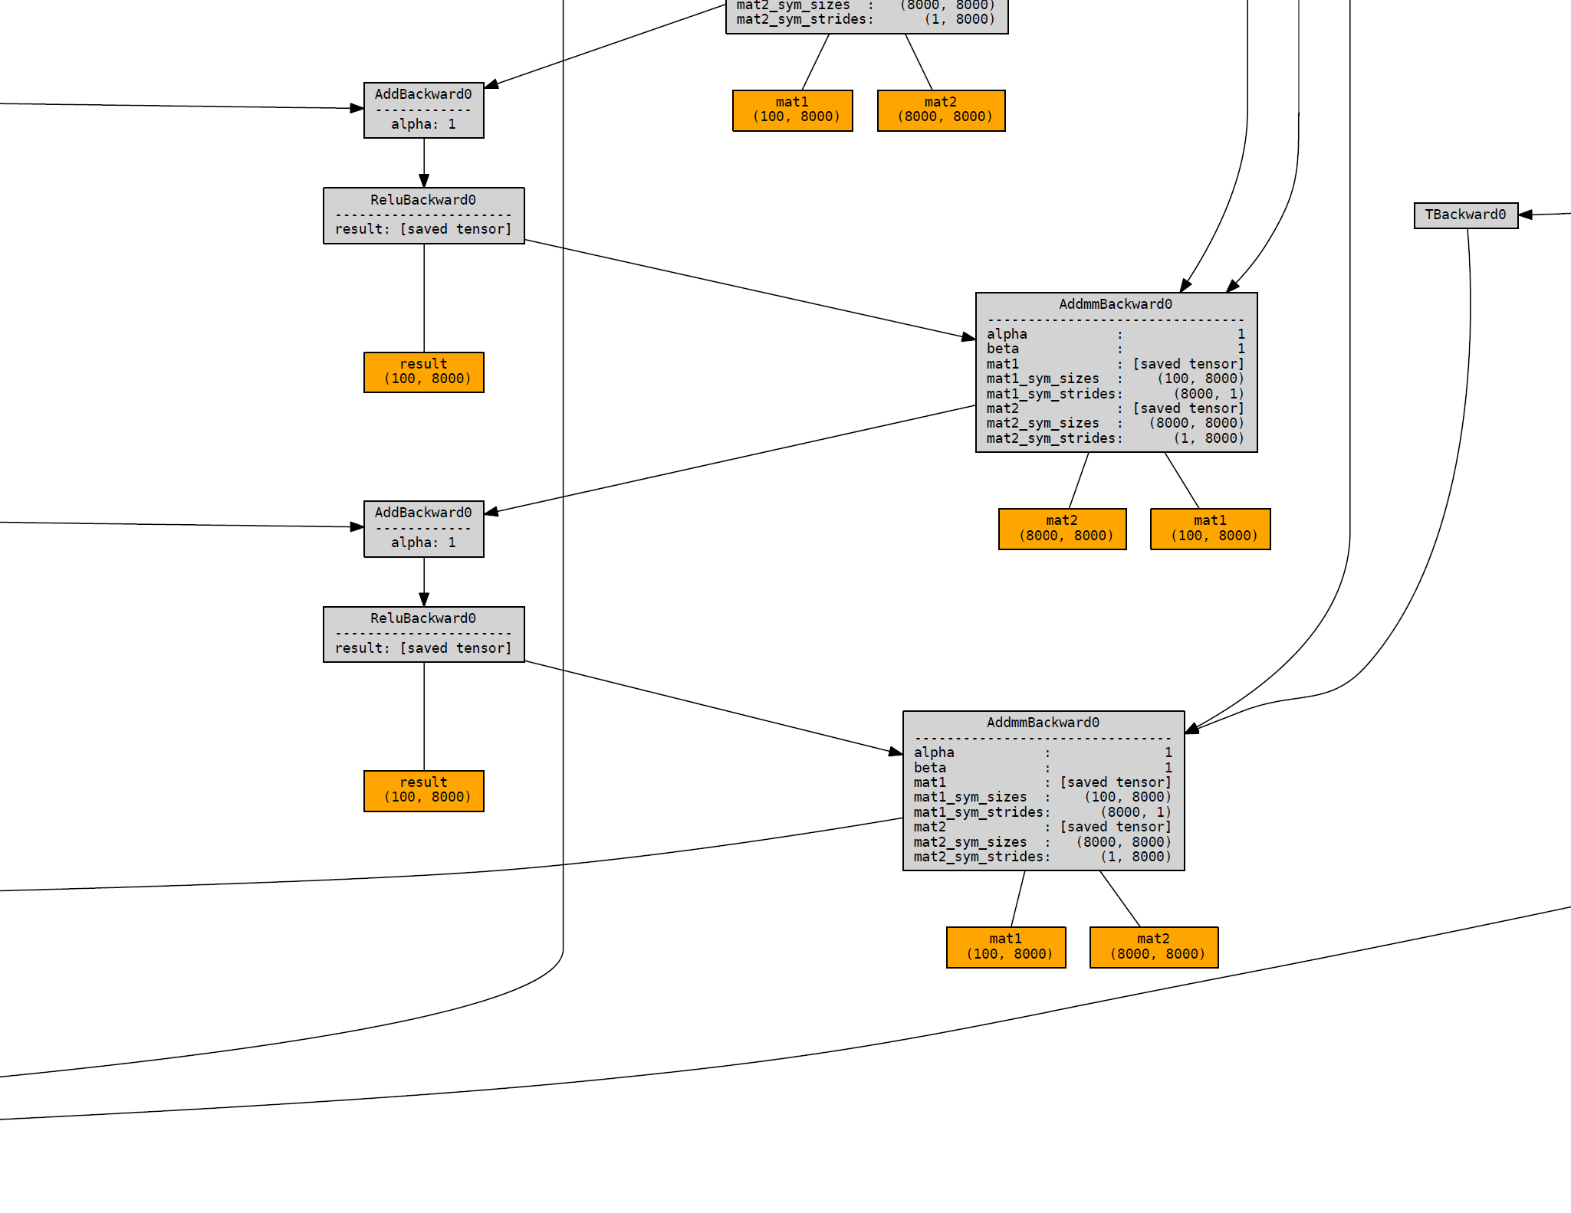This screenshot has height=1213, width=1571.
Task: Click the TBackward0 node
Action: tap(1466, 215)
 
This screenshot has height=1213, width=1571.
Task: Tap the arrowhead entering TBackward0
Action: tap(1525, 215)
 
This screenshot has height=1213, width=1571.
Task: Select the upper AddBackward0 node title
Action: tap(423, 94)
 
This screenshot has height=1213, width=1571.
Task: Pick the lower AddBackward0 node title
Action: tap(423, 513)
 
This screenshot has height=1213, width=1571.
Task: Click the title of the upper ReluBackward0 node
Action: tap(423, 200)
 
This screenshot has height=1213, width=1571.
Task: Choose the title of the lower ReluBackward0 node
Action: tap(423, 618)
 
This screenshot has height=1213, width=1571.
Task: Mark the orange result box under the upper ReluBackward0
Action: tap(424, 372)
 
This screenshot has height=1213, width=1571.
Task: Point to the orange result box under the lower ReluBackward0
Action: tap(424, 791)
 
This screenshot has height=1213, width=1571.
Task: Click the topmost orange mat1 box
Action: tap(793, 110)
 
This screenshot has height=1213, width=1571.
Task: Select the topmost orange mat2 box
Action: tap(942, 110)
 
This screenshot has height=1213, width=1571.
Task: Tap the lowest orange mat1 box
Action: tap(1006, 948)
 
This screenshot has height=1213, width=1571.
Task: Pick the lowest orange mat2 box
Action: tap(1154, 948)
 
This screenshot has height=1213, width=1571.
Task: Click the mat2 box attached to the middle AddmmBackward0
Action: tap(1063, 529)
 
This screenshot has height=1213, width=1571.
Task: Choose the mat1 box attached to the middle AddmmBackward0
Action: tap(1211, 529)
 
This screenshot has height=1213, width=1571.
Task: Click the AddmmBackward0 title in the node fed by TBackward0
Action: tap(1043, 723)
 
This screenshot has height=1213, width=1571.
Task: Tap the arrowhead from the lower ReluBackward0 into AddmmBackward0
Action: tap(896, 752)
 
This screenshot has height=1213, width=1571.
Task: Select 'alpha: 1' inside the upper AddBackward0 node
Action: tap(423, 124)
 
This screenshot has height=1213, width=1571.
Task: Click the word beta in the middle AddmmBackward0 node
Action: tap(1003, 349)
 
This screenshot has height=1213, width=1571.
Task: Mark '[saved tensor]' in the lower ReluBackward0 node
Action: tap(455, 648)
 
